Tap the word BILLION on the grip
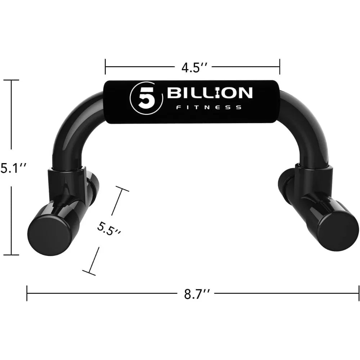(x=209, y=93)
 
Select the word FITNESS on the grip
(x=208, y=107)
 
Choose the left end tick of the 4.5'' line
(x=105, y=67)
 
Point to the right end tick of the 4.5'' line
(x=280, y=67)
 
